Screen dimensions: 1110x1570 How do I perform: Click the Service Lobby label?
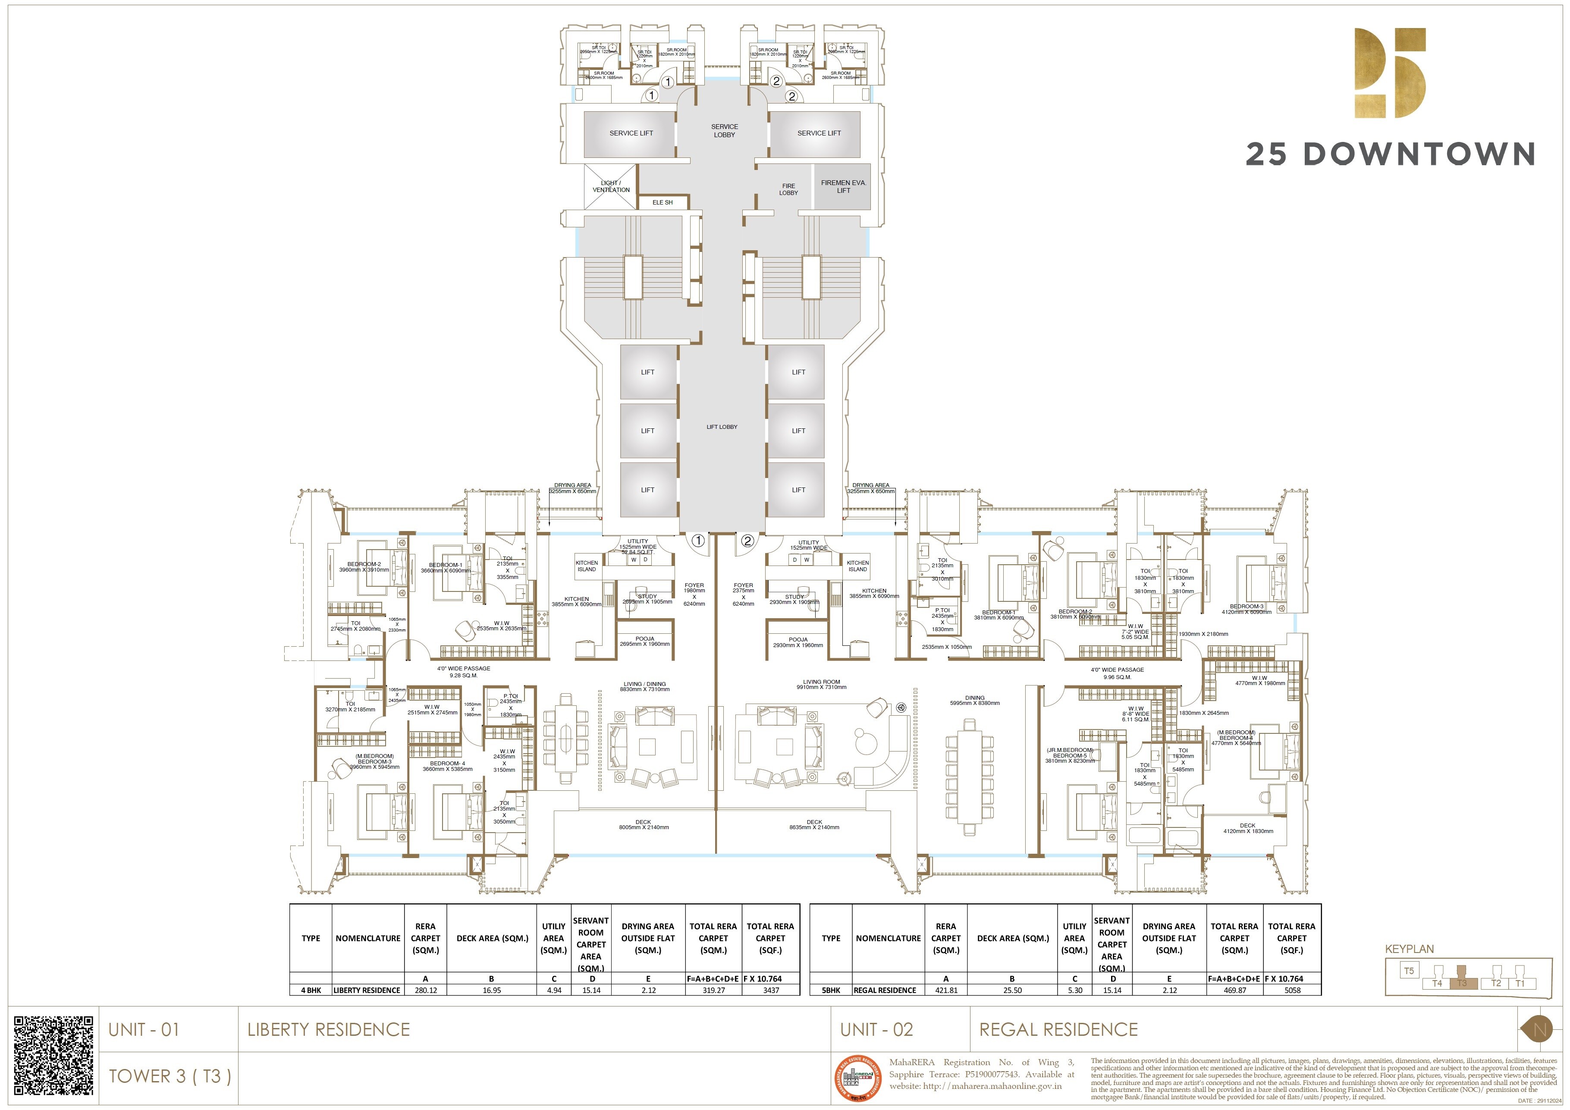(724, 131)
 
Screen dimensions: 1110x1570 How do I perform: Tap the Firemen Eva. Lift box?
(842, 186)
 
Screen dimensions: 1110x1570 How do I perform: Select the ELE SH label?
(662, 202)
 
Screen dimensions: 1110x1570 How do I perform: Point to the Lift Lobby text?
(722, 427)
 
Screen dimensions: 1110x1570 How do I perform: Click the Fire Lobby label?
(788, 189)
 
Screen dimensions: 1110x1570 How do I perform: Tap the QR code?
(53, 1055)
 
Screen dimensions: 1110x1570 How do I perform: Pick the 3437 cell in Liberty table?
(771, 991)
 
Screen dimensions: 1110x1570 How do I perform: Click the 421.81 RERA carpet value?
(946, 991)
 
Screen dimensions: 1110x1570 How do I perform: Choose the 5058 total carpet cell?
(1292, 991)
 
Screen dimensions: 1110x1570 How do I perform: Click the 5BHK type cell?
(831, 991)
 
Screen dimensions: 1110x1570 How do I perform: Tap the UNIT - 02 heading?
(876, 1029)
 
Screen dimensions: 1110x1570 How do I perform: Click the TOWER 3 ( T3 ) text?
(170, 1076)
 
